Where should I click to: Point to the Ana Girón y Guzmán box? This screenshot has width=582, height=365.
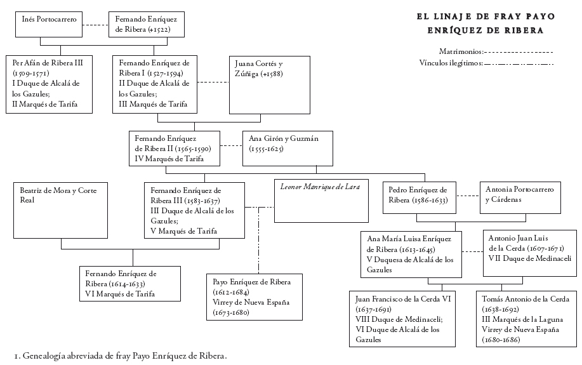(x=288, y=149)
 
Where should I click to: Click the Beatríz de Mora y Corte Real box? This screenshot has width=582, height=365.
(x=61, y=210)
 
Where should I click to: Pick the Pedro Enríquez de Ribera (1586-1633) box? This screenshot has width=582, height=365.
(x=419, y=198)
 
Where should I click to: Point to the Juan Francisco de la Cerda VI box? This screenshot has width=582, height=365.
(x=402, y=319)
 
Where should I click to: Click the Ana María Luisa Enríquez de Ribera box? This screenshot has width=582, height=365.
(x=411, y=254)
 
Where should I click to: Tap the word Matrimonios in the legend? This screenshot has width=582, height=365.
(x=460, y=51)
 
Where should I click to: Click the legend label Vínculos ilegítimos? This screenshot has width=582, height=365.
(x=451, y=63)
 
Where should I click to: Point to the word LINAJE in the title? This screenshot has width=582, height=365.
(x=450, y=18)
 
